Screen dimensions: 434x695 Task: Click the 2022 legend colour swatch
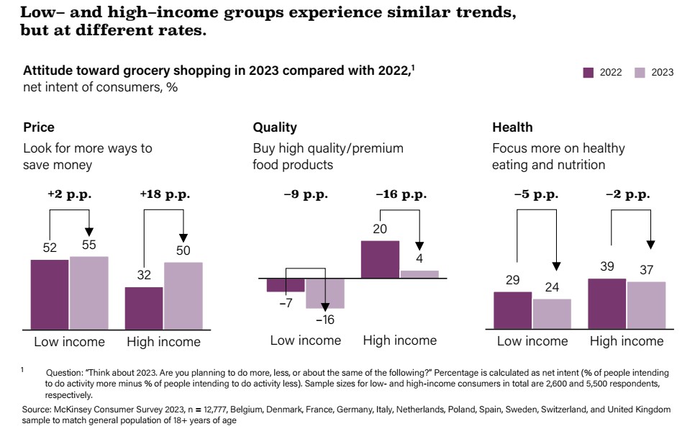coord(588,73)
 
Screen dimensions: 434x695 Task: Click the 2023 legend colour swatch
coord(640,73)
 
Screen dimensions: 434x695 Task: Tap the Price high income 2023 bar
coord(183,296)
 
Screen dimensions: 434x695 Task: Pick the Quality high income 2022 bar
coord(380,259)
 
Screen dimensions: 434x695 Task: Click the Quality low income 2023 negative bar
coord(325,293)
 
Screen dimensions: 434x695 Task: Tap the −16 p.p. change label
coord(401,194)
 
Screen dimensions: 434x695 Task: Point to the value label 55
coord(88,245)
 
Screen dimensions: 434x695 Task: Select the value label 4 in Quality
coord(419,259)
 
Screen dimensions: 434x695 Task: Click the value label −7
coord(286,303)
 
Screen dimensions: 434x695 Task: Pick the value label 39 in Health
coord(608,267)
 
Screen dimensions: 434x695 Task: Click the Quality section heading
coord(275,127)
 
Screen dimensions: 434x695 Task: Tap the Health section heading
coord(512,127)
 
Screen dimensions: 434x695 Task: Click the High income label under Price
coord(163,342)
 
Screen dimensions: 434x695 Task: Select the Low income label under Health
coord(532,342)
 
